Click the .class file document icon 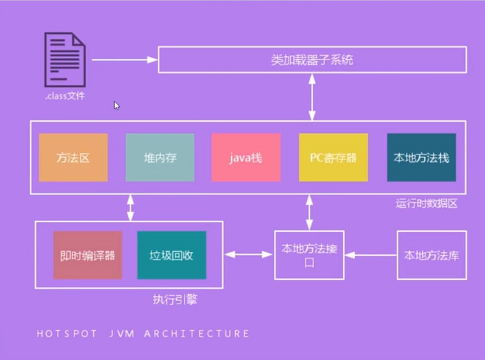[64, 60]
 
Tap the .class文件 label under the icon [64, 96]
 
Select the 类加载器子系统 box [312, 60]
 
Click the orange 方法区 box [73, 157]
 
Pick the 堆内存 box [160, 157]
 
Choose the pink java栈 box [245, 157]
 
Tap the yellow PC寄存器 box [333, 157]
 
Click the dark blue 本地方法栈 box [421, 157]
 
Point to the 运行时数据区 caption [427, 203]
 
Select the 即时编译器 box [87, 255]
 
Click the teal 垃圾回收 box [172, 255]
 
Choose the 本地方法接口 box [308, 255]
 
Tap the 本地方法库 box [431, 255]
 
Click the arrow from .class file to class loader [124, 60]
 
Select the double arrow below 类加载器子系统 [312, 96]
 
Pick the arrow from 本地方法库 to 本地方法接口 [370, 255]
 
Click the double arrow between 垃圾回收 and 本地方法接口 [249, 255]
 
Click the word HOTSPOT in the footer [67, 334]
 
